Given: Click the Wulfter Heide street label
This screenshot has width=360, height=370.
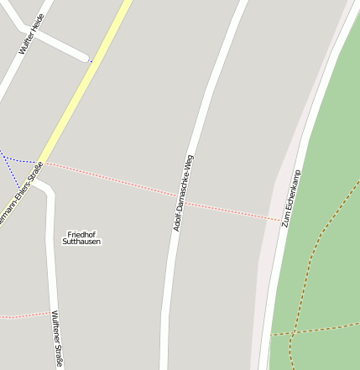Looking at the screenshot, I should (x=31, y=34).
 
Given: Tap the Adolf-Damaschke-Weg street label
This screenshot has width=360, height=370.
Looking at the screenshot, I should (x=183, y=193).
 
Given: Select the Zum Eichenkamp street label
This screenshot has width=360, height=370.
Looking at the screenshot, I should (x=293, y=198).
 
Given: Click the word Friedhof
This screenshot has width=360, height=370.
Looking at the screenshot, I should (x=81, y=234).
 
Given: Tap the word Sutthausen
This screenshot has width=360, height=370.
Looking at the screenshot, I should (x=81, y=242).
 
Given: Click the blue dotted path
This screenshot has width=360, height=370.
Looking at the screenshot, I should (x=10, y=172).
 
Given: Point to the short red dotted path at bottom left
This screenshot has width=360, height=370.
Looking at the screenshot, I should (x=25, y=315).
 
